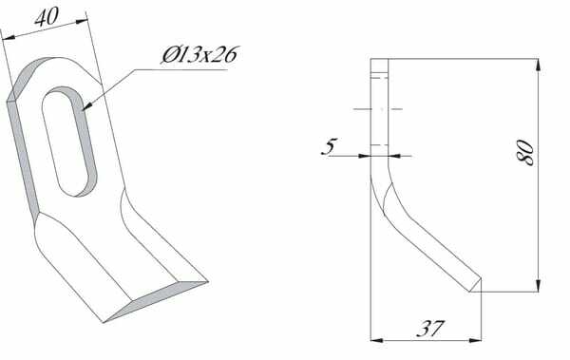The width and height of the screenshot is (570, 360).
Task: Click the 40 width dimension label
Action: coord(47,17)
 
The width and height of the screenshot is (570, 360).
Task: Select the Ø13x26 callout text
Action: coord(199,55)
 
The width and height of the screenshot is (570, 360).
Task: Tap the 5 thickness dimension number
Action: coord(330,146)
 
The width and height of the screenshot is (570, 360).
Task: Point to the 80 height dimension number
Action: coord(525,152)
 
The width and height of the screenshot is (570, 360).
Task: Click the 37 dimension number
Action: coord(430,329)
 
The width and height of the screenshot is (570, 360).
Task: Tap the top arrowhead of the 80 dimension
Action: coord(539,65)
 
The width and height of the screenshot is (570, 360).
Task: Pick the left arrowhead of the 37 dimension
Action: coord(377,340)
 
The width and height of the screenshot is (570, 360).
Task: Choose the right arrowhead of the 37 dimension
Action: coord(475,340)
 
